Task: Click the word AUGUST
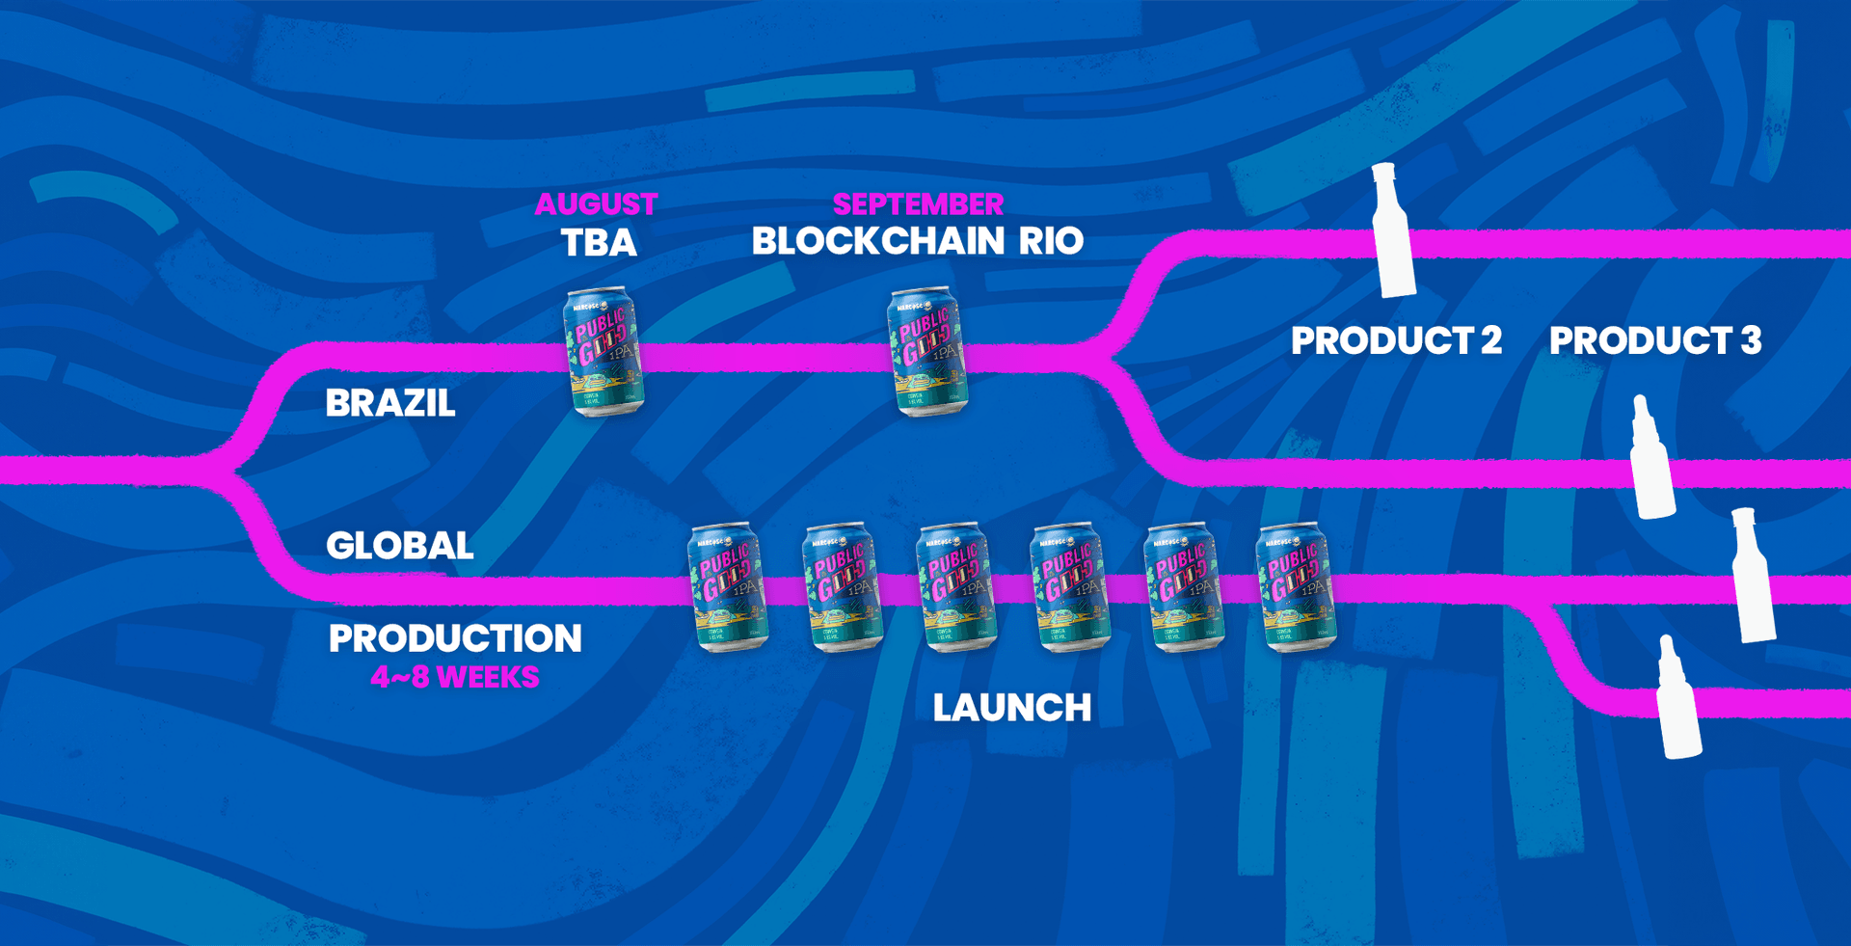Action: click(596, 204)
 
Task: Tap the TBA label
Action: click(599, 242)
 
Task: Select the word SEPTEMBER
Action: click(918, 204)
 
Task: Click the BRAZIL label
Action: click(389, 403)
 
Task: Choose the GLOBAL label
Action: click(399, 546)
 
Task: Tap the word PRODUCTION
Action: click(455, 638)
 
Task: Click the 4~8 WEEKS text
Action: click(455, 678)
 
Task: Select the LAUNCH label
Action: click(1012, 709)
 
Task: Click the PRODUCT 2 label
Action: click(1396, 340)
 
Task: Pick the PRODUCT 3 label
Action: click(1655, 340)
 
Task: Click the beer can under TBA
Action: click(604, 352)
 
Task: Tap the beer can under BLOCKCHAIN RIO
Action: click(927, 352)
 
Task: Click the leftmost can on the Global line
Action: click(727, 587)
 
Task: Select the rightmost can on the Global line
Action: click(1296, 587)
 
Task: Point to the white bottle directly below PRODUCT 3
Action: click(1651, 458)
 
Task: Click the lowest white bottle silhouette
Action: click(1678, 699)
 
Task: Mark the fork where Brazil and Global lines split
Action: click(227, 471)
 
